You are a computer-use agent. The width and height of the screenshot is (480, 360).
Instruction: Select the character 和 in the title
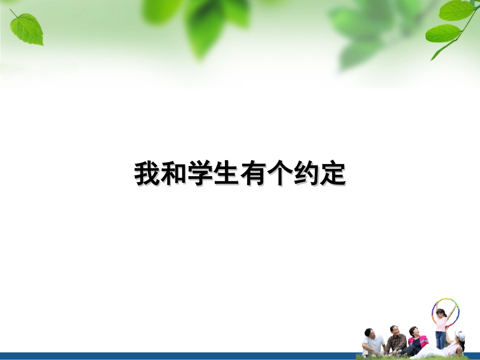[x=175, y=175]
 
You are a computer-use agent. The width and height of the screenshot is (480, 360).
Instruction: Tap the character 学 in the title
[x=202, y=175]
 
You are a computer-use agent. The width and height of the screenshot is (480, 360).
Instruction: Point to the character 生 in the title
[x=228, y=175]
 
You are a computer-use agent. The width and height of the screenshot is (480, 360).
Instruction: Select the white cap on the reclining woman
[x=460, y=335]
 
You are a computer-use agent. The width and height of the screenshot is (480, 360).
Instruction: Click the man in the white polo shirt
[x=374, y=344]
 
